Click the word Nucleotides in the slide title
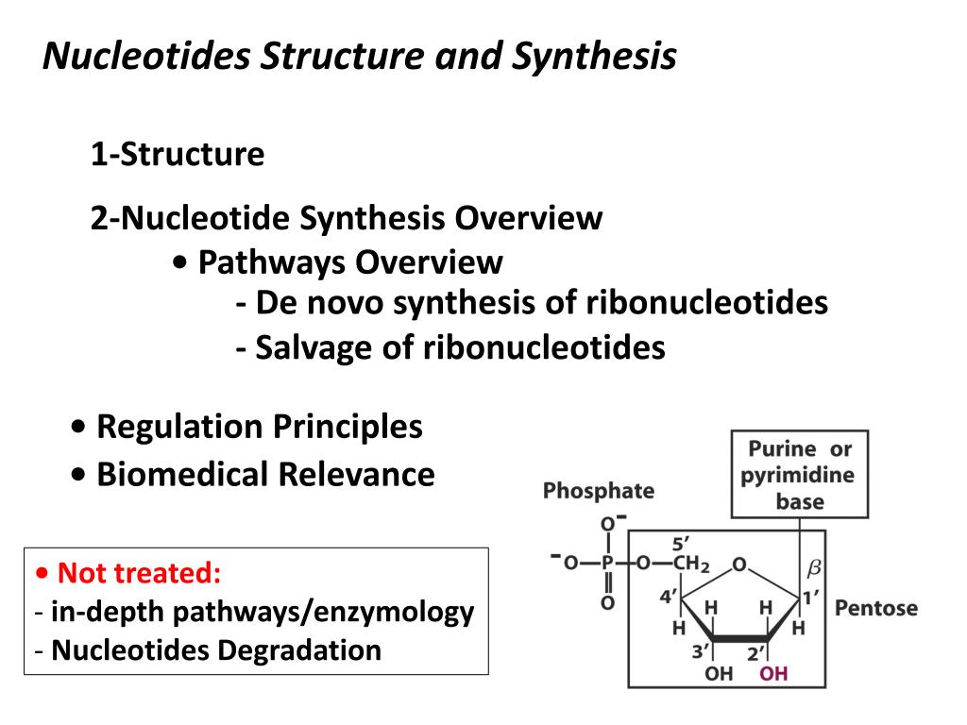point(147,57)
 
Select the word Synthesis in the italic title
point(595,57)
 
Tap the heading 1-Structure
point(178,154)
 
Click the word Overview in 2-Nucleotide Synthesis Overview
point(528,218)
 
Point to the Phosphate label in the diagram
point(598,490)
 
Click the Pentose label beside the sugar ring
point(875,607)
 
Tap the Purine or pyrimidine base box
point(799,475)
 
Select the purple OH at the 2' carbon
point(773,673)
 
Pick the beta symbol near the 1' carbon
point(813,567)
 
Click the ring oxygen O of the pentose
point(739,565)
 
